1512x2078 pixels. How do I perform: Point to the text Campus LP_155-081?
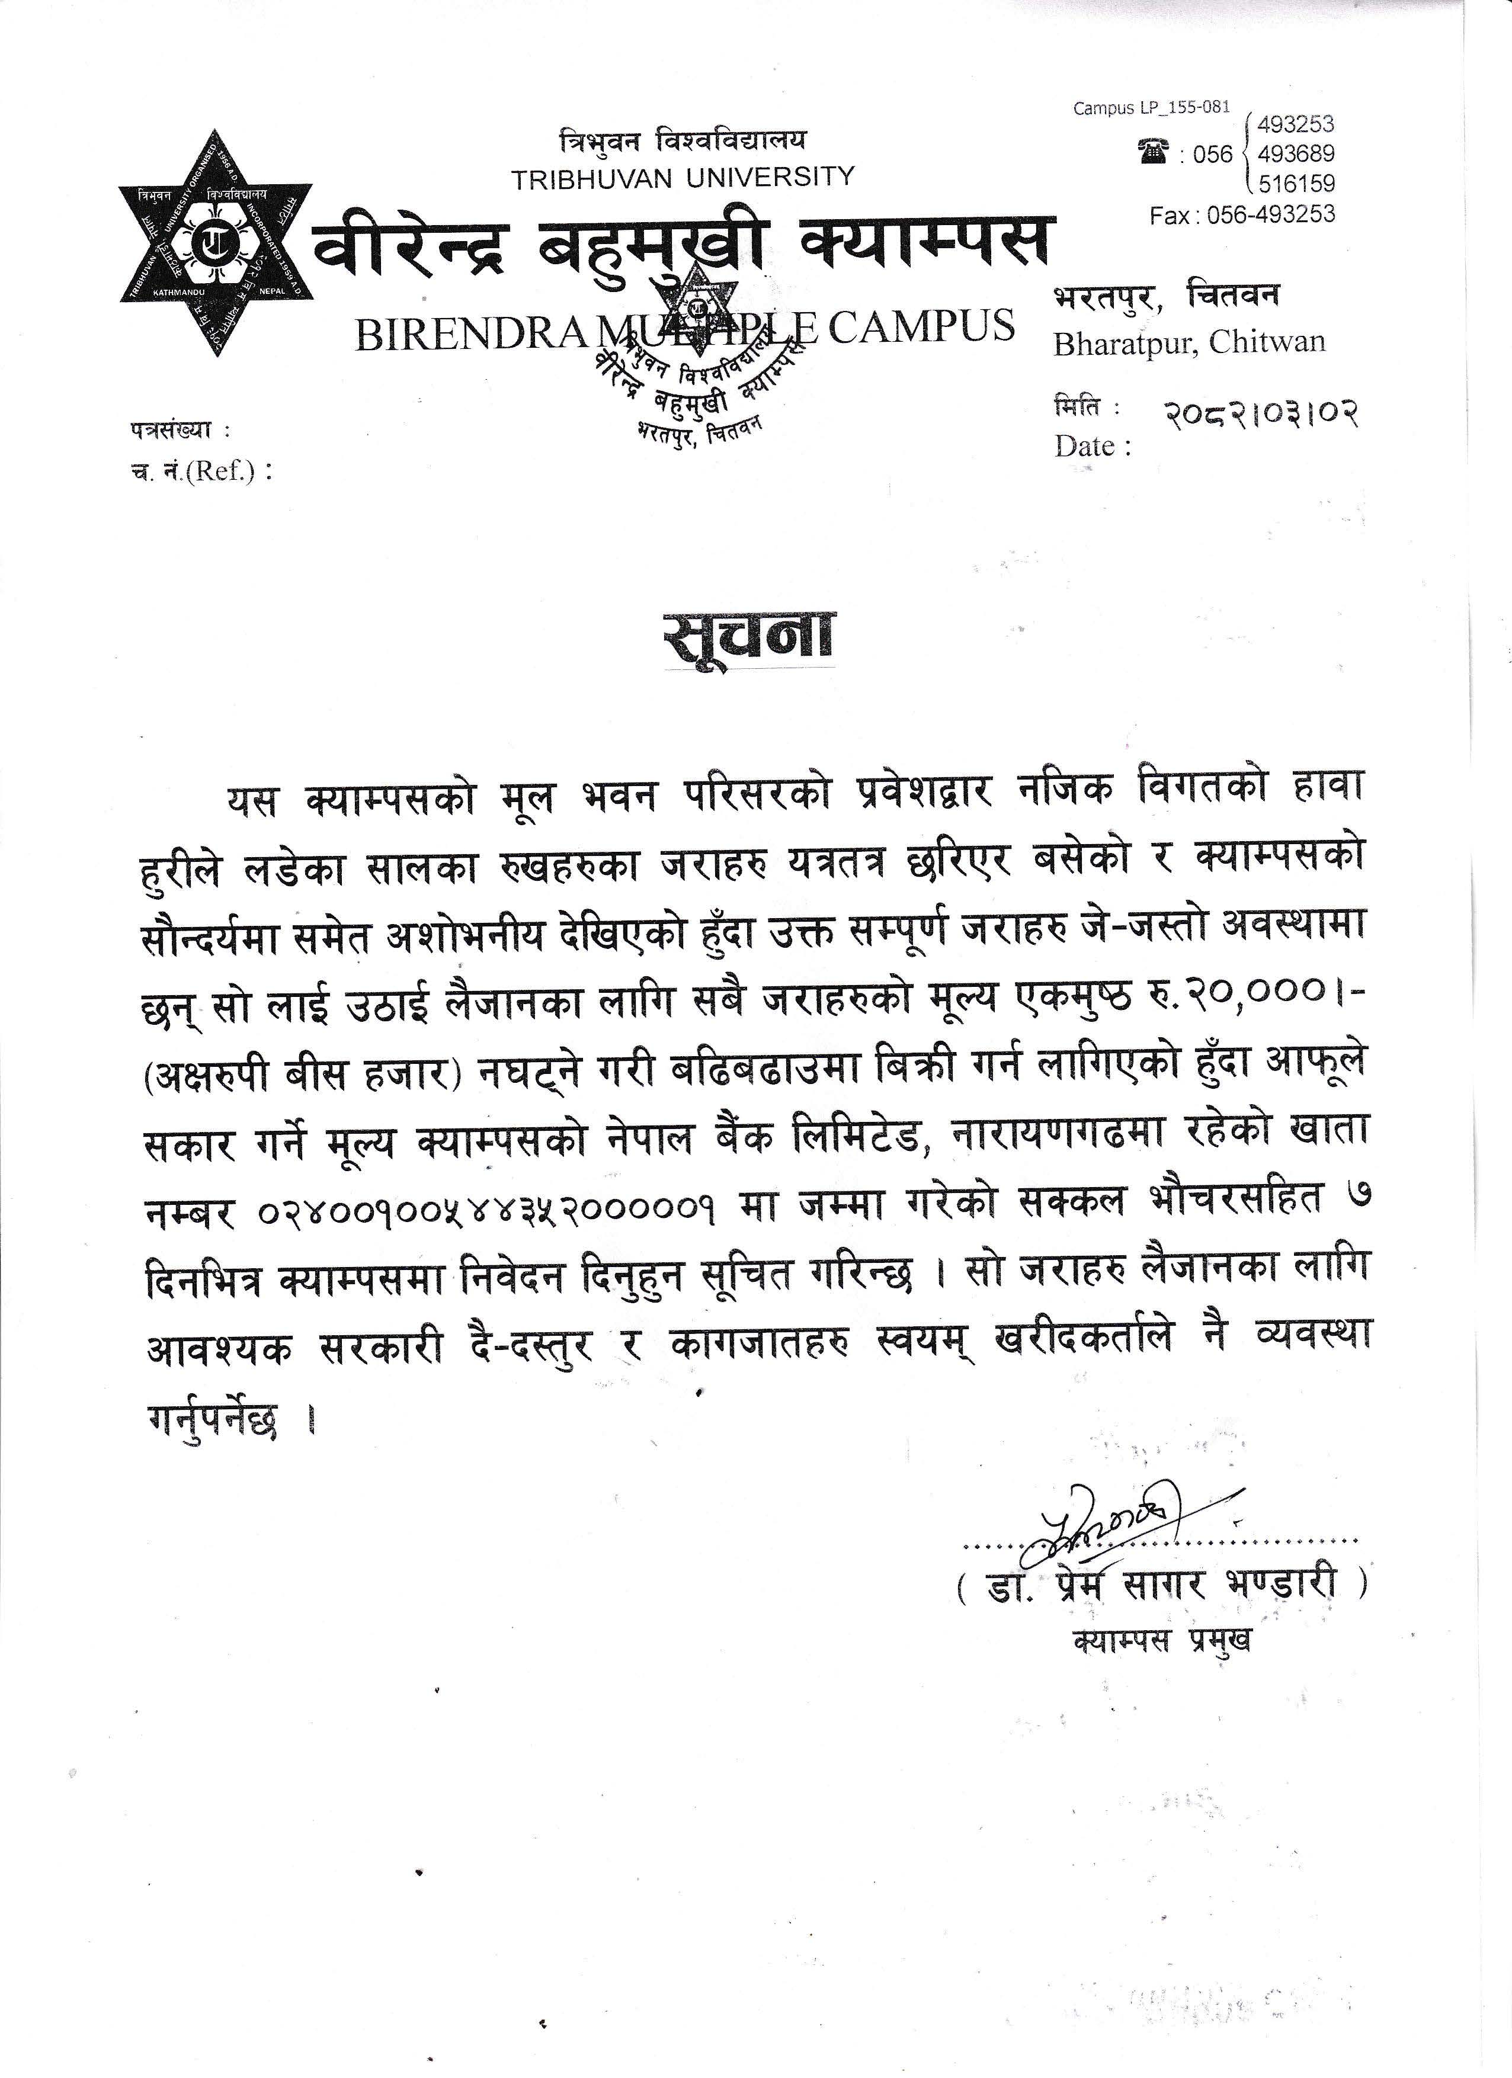pos(1151,108)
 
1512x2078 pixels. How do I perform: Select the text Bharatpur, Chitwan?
pos(1189,342)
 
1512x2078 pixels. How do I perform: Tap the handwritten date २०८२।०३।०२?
pos(1260,414)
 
